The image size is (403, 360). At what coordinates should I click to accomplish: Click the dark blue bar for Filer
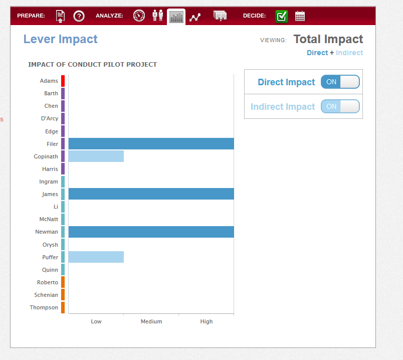click(x=151, y=144)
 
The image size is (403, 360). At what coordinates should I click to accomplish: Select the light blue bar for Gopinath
click(x=96, y=156)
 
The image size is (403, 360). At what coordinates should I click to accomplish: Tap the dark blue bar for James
click(x=151, y=194)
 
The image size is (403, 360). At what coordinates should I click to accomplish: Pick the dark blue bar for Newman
click(x=151, y=232)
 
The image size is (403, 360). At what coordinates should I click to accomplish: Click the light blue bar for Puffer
click(x=96, y=257)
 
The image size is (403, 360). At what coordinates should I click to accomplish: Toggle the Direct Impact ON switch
click(x=340, y=82)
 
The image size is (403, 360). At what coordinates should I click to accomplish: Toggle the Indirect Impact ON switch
click(x=340, y=106)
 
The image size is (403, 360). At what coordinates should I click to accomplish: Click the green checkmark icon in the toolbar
click(x=281, y=17)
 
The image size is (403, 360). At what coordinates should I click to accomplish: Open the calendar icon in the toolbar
click(x=300, y=16)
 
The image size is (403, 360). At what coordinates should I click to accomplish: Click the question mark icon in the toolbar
click(x=79, y=16)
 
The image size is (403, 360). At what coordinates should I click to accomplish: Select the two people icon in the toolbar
click(x=157, y=16)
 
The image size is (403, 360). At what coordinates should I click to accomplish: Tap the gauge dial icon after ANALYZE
click(x=139, y=16)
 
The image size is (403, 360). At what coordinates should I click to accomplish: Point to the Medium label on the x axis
click(x=151, y=321)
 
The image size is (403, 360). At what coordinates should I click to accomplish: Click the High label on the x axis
click(x=207, y=321)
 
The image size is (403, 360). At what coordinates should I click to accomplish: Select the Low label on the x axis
click(x=96, y=321)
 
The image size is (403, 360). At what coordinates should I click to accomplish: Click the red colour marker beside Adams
click(x=63, y=81)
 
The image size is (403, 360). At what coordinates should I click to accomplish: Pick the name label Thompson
click(x=44, y=307)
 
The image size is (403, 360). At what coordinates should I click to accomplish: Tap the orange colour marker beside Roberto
click(x=63, y=282)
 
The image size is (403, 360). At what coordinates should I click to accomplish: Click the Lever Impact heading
click(x=60, y=39)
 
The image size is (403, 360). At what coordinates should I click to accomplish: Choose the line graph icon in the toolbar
click(x=195, y=17)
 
